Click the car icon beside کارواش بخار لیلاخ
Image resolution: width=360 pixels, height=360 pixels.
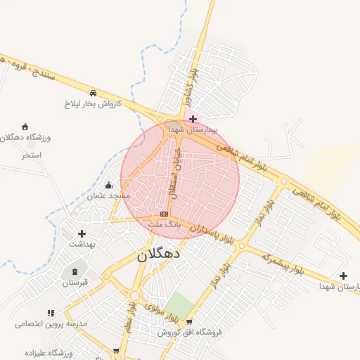[x=93, y=92]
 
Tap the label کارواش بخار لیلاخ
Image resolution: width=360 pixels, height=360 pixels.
[x=93, y=103]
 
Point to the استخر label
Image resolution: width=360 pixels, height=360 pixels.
[x=32, y=155]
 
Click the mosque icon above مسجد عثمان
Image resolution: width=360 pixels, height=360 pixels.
[x=108, y=185]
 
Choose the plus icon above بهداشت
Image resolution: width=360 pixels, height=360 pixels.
[x=82, y=233]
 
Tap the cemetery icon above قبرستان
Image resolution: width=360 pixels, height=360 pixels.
[x=75, y=271]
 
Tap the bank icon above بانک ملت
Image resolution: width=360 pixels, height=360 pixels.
[x=164, y=213]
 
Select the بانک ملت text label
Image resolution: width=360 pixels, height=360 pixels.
[x=165, y=224]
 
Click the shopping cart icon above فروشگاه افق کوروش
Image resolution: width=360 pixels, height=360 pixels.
[x=188, y=321]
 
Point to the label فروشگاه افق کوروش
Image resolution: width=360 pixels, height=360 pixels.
[x=188, y=332]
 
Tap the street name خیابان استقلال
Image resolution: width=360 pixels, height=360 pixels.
[x=174, y=173]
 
